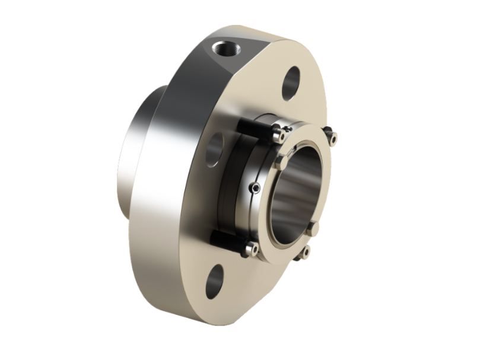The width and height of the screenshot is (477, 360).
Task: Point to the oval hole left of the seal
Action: click(x=215, y=148)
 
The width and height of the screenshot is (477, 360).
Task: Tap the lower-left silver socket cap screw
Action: click(x=252, y=249)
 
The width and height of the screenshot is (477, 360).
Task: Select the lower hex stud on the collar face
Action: click(x=313, y=228)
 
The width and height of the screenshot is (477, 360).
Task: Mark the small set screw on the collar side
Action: click(x=255, y=188)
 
